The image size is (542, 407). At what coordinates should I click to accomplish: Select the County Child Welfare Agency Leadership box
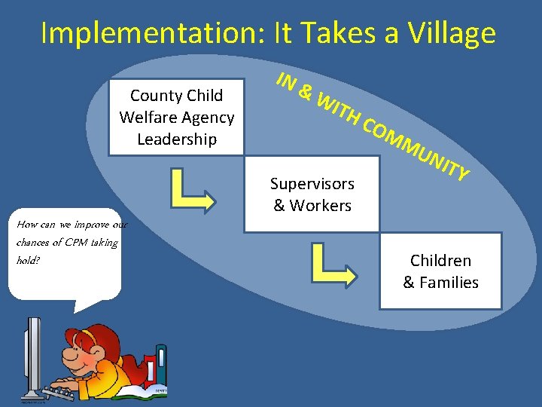[x=177, y=117]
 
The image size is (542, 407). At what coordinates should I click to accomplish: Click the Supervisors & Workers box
[x=312, y=194]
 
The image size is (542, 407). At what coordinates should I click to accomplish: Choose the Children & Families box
[x=440, y=271]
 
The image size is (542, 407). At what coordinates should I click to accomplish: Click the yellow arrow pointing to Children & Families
[x=336, y=267]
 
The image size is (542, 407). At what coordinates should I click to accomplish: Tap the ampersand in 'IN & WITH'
[x=306, y=92]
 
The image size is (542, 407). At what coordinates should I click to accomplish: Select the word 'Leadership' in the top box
[x=177, y=139]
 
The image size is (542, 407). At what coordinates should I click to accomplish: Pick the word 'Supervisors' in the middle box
[x=312, y=183]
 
